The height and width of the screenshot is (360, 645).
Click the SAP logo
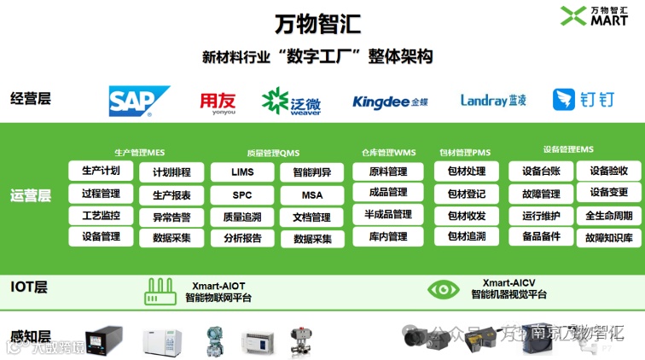click(x=139, y=101)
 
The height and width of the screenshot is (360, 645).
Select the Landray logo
click(x=493, y=101)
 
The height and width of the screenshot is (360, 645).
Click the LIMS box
click(x=242, y=171)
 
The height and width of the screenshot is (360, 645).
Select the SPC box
click(x=242, y=195)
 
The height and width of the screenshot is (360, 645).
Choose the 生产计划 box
click(x=101, y=171)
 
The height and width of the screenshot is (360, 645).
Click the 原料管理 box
click(x=387, y=171)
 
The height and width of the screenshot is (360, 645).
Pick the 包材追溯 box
click(x=467, y=236)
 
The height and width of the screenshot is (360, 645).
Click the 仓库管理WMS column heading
click(x=387, y=153)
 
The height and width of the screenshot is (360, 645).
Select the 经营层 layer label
click(x=32, y=98)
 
